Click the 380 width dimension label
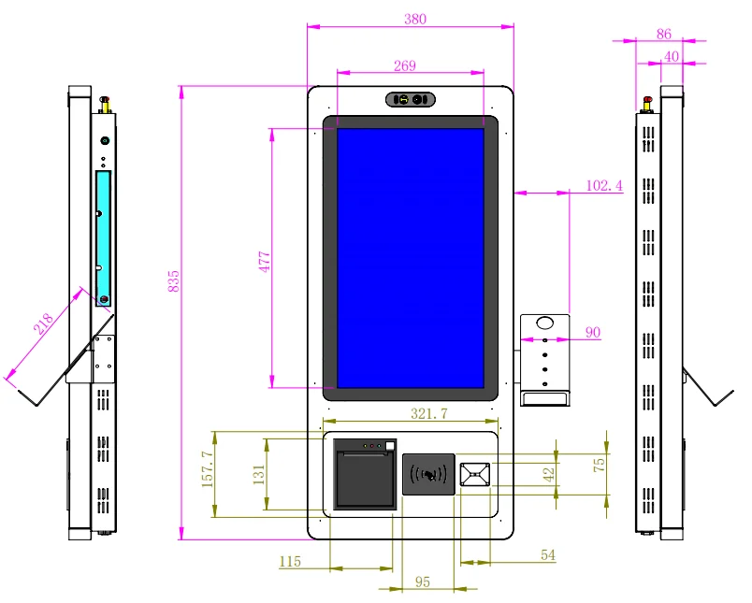pos(410,19)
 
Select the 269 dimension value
pos(405,65)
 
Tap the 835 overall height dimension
pos(173,281)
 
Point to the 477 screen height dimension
pos(265,262)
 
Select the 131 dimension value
pos(257,473)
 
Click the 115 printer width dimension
pos(291,561)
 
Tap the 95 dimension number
pos(422,581)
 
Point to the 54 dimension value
pos(548,555)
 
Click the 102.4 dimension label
pos(604,185)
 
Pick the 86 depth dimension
pos(664,34)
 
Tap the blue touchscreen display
pos(411,257)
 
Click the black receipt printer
pos(365,478)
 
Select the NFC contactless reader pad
pos(429,474)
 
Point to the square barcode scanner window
pos(474,474)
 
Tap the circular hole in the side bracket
pos(544,324)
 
